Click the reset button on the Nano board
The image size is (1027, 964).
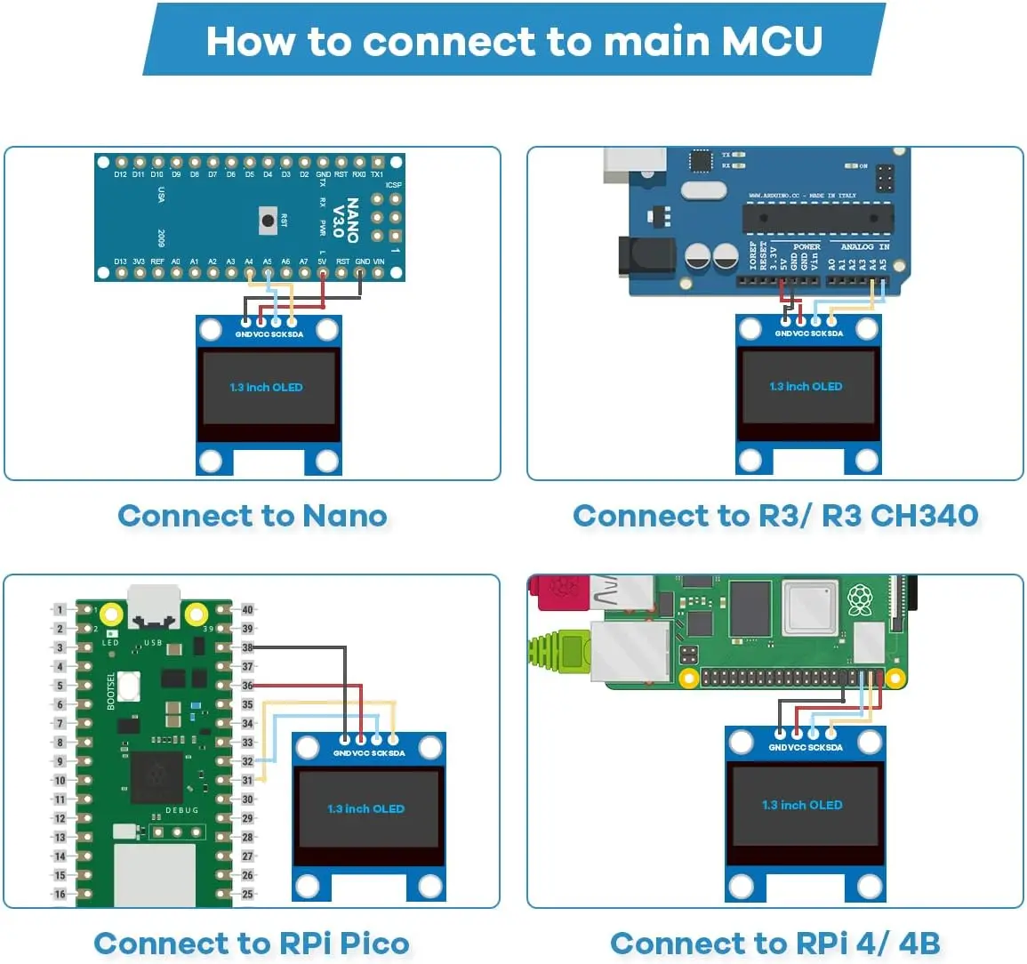(x=266, y=220)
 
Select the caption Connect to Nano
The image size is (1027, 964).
(x=253, y=516)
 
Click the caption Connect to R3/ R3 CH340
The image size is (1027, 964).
(x=775, y=516)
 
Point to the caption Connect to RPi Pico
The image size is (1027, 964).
(x=252, y=944)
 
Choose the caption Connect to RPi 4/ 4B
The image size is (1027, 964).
(x=775, y=944)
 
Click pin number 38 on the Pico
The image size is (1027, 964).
(x=247, y=647)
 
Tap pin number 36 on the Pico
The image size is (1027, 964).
(x=247, y=686)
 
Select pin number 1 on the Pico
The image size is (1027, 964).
(x=60, y=610)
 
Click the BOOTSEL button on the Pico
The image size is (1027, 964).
(x=130, y=685)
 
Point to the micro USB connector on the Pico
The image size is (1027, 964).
(x=153, y=605)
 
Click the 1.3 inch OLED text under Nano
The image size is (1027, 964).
(x=266, y=388)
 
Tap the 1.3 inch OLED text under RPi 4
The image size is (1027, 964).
(x=802, y=805)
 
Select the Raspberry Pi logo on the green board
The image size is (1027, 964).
(x=859, y=600)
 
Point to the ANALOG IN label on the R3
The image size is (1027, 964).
(x=864, y=246)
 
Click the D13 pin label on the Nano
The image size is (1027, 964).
(x=120, y=262)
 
